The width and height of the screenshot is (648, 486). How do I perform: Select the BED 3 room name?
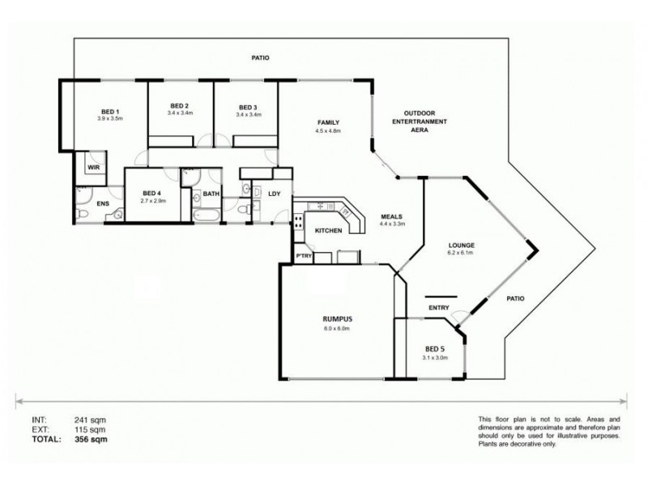248,107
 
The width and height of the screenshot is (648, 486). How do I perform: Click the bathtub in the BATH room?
207,218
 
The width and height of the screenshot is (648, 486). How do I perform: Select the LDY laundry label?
275,194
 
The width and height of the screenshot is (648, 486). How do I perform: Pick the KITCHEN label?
327,231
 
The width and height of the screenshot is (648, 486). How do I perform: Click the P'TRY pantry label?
304,257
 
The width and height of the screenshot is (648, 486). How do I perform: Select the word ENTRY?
438,308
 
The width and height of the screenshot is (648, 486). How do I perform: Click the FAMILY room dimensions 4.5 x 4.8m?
327,130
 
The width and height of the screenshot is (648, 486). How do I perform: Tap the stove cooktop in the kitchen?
299,220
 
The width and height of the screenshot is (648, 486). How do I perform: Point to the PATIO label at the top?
259,58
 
